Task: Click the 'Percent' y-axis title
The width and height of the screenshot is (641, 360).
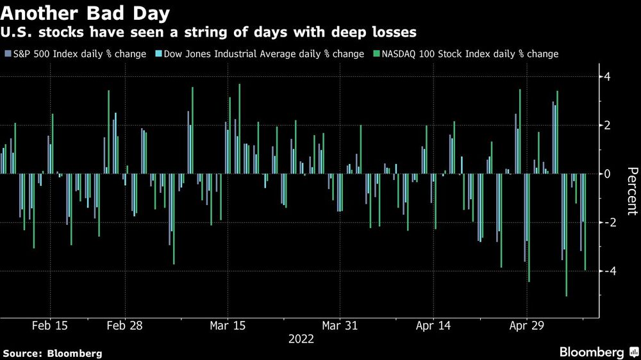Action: pyautogui.click(x=632, y=190)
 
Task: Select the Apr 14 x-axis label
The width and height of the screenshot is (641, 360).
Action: pyautogui.click(x=433, y=325)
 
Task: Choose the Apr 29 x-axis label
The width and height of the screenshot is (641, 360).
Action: pyautogui.click(x=526, y=325)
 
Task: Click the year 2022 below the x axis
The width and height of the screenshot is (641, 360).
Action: pyautogui.click(x=301, y=340)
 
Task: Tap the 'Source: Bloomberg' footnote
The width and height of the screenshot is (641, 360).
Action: pyautogui.click(x=53, y=353)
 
